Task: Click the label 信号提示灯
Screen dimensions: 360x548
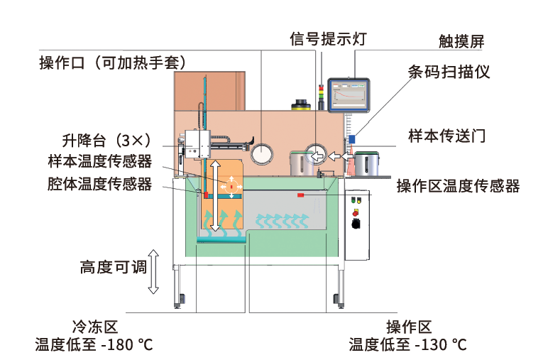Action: click(328, 38)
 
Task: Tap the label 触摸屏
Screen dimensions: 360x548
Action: click(461, 41)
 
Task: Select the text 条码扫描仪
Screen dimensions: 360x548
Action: click(449, 72)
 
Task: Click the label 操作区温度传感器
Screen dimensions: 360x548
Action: click(458, 186)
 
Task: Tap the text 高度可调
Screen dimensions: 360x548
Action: click(112, 268)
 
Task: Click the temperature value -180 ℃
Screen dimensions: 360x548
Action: click(126, 345)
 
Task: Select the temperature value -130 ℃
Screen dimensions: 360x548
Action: click(440, 345)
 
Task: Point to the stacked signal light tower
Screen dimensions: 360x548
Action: click(320, 97)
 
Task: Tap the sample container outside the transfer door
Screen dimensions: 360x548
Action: click(367, 164)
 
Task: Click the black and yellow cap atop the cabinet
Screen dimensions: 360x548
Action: click(301, 104)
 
